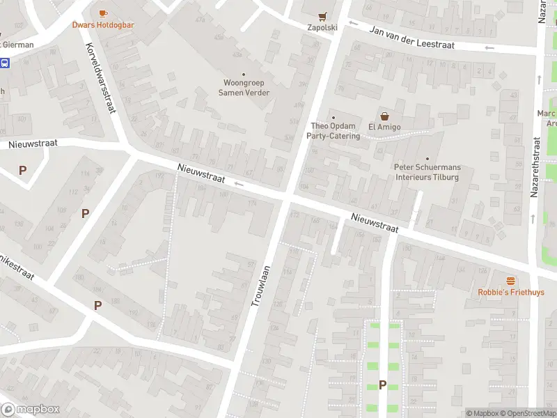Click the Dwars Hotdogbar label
(x=103, y=25)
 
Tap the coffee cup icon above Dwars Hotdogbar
(x=103, y=13)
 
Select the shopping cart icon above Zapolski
(x=322, y=16)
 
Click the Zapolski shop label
(x=322, y=28)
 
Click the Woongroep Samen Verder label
(x=244, y=88)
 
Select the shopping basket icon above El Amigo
(x=383, y=116)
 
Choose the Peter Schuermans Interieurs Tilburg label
(x=427, y=172)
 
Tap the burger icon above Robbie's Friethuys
(x=511, y=281)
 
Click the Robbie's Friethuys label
(x=511, y=293)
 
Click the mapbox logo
(x=31, y=410)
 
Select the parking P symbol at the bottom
(x=382, y=385)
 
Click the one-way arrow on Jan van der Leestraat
(x=489, y=48)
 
